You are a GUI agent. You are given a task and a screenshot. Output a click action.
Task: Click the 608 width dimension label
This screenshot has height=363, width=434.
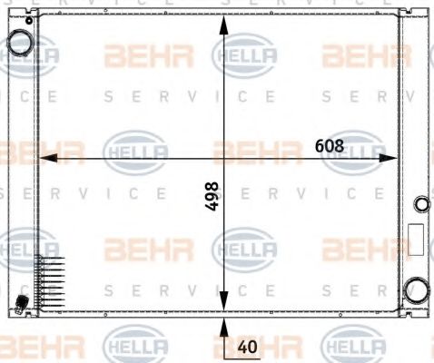[330, 145]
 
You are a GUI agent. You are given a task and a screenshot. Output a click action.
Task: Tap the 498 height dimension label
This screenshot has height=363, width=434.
[211, 195]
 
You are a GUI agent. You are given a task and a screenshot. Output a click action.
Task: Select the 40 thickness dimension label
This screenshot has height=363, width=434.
[247, 346]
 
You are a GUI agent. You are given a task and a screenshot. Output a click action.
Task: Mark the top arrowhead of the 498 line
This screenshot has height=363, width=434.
[222, 17]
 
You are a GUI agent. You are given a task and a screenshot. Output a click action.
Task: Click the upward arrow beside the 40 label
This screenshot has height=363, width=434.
[222, 329]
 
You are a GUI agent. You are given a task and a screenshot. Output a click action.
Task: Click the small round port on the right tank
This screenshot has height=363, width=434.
[419, 204]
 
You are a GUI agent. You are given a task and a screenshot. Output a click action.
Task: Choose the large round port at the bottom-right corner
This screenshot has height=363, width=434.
[418, 289]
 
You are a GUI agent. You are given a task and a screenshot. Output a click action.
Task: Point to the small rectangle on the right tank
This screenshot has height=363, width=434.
[416, 239]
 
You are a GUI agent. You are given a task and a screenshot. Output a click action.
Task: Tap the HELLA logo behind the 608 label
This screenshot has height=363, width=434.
[353, 148]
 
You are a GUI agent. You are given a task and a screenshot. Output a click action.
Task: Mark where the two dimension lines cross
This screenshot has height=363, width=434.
[222, 158]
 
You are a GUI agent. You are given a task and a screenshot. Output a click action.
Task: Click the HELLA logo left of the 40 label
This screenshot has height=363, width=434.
[137, 346]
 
